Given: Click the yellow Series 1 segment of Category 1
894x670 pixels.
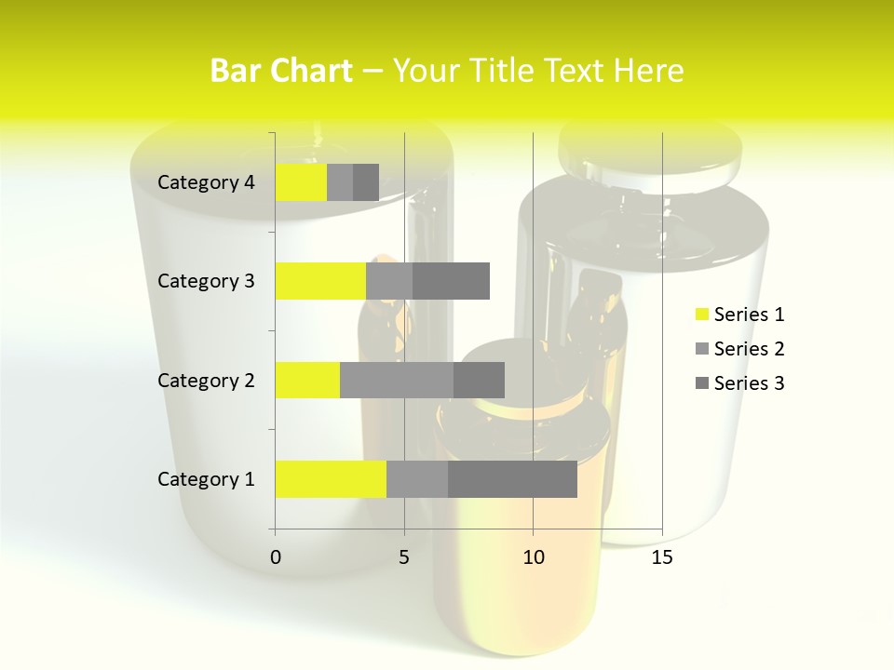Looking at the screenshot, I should (331, 479).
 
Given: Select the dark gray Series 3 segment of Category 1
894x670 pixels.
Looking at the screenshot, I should (512, 479).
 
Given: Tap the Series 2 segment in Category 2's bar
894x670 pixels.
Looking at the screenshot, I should (397, 380).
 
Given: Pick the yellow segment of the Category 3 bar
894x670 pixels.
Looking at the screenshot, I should (320, 281).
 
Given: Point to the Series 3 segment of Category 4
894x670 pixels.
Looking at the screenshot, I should (366, 182).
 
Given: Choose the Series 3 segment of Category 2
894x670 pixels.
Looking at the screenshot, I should (479, 380).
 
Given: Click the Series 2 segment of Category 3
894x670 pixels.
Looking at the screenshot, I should (389, 281).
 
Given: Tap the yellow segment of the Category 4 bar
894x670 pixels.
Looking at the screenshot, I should (301, 182).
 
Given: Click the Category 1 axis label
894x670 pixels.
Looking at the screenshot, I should (206, 479).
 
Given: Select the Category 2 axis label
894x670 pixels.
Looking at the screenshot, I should (206, 380).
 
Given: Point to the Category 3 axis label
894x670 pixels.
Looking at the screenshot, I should (206, 281).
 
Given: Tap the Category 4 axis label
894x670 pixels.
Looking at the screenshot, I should (206, 182).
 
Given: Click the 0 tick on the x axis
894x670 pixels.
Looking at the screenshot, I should (276, 557).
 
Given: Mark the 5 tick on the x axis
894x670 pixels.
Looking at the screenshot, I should (404, 557).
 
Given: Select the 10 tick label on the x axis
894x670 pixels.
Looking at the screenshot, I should (533, 557).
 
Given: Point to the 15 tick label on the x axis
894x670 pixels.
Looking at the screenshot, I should (662, 557).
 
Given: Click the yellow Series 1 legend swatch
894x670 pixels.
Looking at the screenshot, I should (701, 315).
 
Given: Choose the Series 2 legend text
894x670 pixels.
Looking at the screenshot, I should (749, 349).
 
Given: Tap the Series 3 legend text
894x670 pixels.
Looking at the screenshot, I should (749, 383).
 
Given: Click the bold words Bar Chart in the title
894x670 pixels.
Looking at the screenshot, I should (281, 71).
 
